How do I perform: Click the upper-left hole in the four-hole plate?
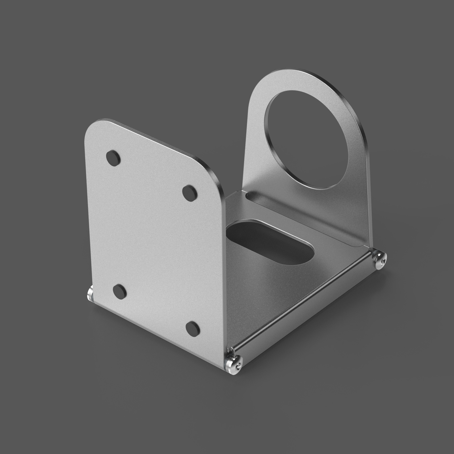click(113, 158)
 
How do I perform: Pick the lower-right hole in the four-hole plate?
click(193, 328)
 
